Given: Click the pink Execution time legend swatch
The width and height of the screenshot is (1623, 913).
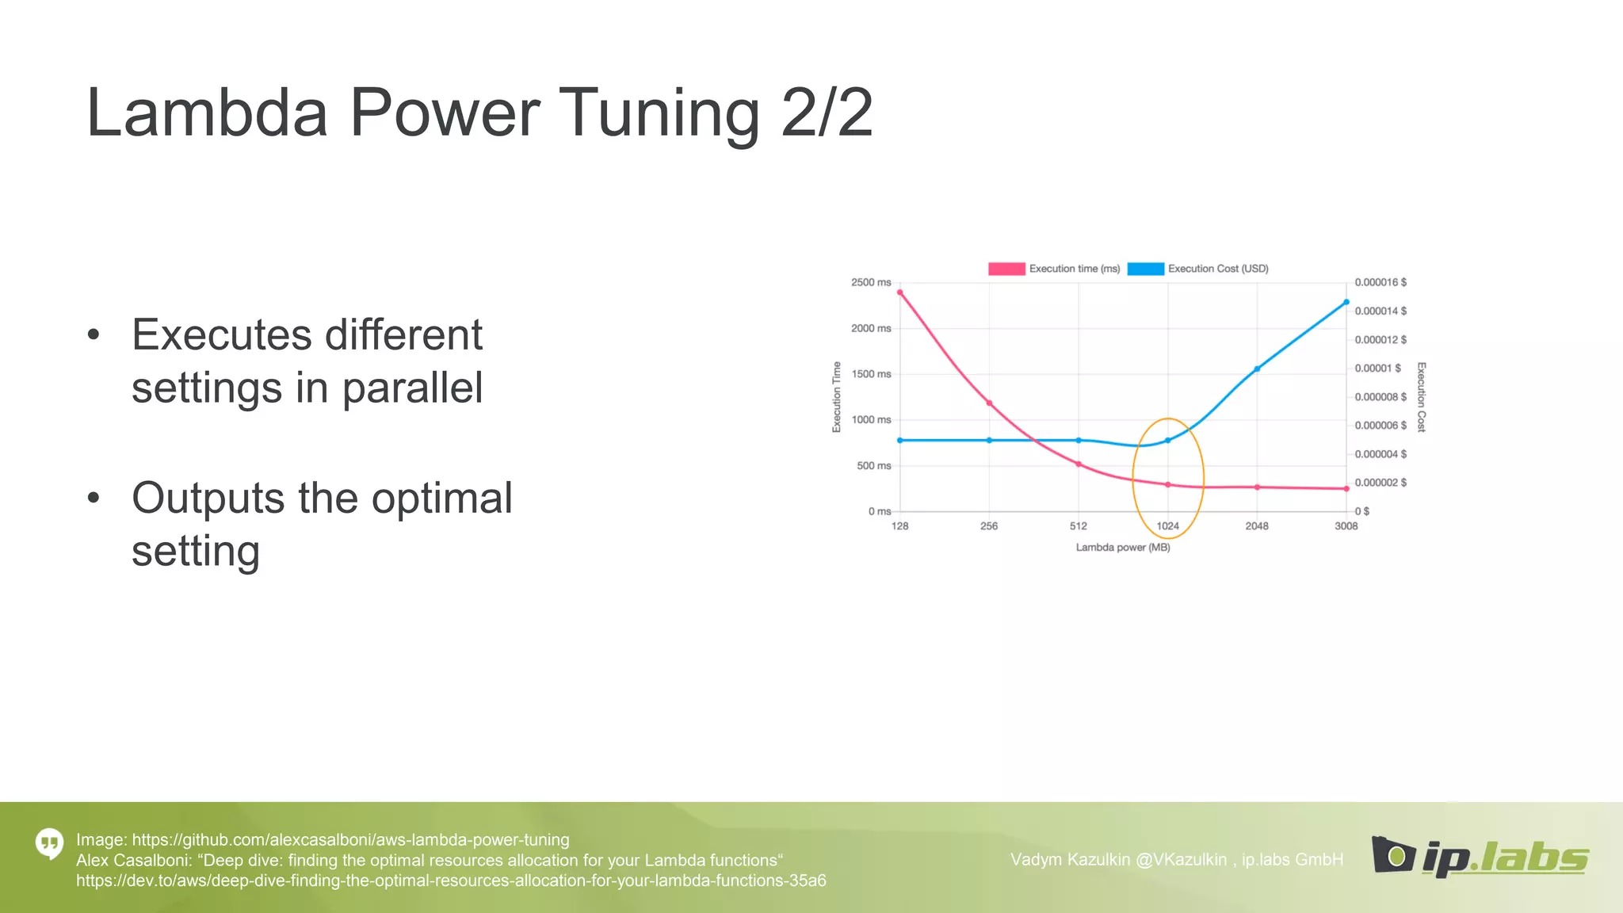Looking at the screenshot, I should click(1006, 269).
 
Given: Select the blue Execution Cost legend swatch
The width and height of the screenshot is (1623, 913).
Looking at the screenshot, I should click(1145, 269).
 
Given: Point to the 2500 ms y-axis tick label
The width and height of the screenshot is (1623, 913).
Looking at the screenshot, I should click(871, 282).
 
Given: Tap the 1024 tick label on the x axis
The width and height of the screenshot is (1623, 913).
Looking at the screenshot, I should click(1167, 526).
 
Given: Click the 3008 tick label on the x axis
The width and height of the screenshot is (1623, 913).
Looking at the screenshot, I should click(1346, 526).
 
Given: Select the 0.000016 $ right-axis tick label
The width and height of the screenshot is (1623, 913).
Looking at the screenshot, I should click(1381, 282).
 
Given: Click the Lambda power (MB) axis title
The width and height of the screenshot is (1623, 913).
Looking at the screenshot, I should click(1122, 548).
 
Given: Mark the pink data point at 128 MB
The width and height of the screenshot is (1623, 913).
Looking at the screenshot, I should click(899, 292).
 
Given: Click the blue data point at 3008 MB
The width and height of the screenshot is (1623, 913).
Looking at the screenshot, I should click(1346, 302).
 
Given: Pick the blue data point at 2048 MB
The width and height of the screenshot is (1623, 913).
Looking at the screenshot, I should click(1257, 369).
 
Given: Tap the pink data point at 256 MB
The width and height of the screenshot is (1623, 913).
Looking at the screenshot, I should click(989, 403).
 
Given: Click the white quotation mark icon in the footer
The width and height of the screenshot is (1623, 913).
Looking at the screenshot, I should click(49, 844).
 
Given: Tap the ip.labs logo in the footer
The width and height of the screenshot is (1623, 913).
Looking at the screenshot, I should click(1480, 857).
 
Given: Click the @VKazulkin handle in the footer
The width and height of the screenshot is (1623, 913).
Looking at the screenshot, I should click(1181, 860).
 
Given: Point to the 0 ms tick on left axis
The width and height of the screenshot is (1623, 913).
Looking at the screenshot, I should click(879, 512).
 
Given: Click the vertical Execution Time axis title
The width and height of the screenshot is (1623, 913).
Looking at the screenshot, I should click(836, 397).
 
